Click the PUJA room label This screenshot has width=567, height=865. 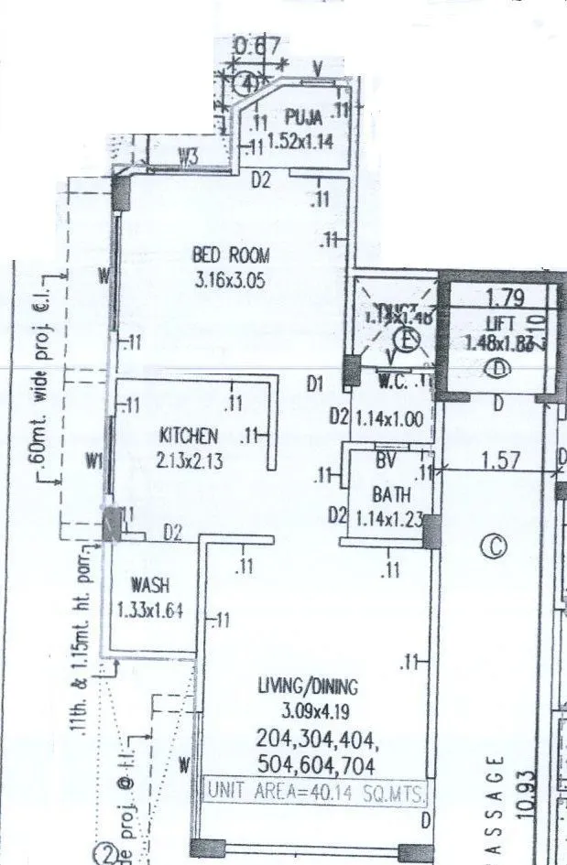click(x=302, y=117)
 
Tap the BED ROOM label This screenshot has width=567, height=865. click(x=230, y=254)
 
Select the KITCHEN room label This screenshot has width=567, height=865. click(x=190, y=435)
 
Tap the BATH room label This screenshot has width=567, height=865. click(x=390, y=494)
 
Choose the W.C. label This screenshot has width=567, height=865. click(x=394, y=380)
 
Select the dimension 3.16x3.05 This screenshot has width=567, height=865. click(x=230, y=281)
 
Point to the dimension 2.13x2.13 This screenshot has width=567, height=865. click(x=188, y=461)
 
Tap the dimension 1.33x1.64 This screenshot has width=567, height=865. click(x=149, y=609)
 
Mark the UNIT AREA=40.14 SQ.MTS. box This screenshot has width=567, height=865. click(x=315, y=794)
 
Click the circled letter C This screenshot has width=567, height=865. click(x=493, y=546)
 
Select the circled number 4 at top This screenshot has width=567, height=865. click(x=246, y=83)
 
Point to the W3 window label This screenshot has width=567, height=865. click(x=187, y=157)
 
